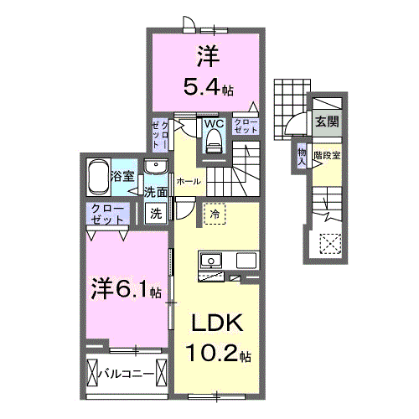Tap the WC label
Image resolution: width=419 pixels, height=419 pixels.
point(214,124)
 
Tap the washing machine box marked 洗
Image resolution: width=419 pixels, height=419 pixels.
point(156,214)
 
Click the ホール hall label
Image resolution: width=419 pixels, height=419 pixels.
point(187,180)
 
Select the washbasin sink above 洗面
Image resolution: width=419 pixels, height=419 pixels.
point(156,167)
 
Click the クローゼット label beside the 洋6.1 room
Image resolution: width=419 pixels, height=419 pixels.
point(105,213)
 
